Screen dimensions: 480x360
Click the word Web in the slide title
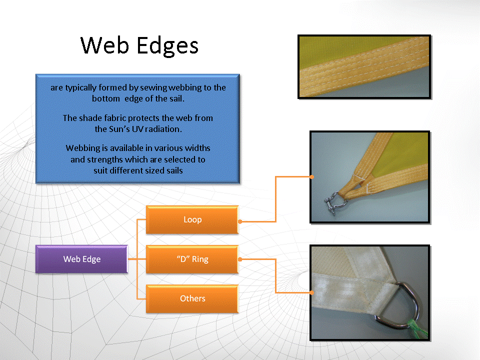point(104,45)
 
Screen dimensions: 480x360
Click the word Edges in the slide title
point(167,46)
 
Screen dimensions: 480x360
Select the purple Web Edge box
point(81,259)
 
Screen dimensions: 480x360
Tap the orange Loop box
point(192,220)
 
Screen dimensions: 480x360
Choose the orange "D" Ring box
point(192,259)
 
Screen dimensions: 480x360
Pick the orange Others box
point(192,298)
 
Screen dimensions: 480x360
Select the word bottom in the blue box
point(106,98)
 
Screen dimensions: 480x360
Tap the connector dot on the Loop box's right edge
point(240,221)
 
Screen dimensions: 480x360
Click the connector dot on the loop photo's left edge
point(311,177)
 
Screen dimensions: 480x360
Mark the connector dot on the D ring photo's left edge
point(311,292)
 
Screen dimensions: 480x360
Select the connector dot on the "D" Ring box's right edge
point(240,259)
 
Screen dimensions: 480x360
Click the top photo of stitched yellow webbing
point(364,66)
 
